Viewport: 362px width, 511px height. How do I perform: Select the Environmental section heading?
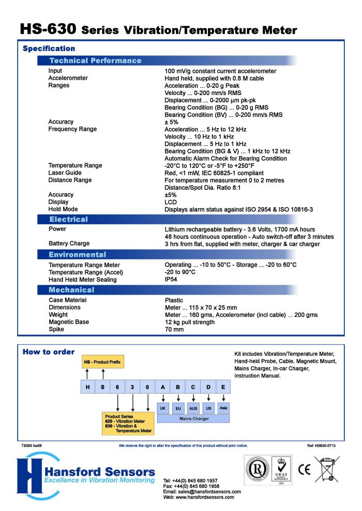[78, 254]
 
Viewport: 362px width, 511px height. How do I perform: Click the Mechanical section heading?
[73, 289]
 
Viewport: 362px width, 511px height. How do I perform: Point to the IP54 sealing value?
[171, 280]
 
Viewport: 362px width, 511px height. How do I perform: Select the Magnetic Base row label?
[68, 322]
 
